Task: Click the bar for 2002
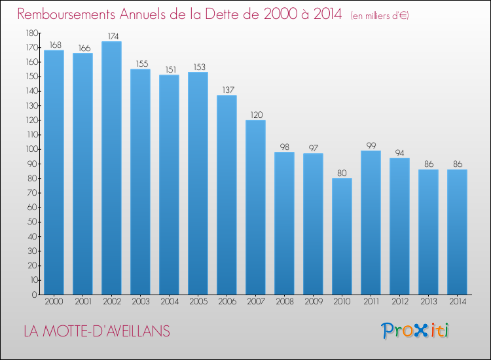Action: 111,168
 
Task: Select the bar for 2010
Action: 342,236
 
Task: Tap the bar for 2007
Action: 255,207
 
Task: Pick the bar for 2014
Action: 457,232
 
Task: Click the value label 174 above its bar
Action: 111,35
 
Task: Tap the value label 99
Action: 371,144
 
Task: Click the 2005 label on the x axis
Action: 198,302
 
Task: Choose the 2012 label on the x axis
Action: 399,302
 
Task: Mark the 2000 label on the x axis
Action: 54,302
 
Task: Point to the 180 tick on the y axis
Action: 31,33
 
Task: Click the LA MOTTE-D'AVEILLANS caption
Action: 96,331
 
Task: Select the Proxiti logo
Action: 415,331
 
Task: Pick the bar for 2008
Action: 284,223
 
